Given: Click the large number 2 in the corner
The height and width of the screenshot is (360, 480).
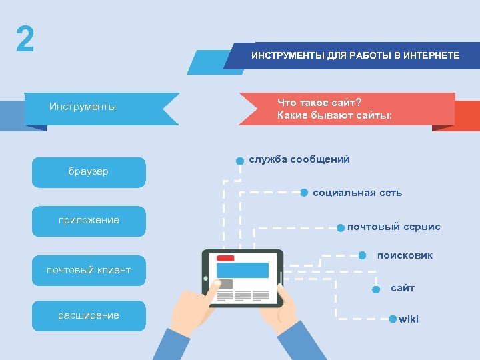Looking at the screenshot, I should click(x=25, y=40).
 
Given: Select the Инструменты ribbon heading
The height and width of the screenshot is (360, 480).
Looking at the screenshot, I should click(x=83, y=107).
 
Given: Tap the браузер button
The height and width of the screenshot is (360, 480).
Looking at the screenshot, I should click(x=88, y=172).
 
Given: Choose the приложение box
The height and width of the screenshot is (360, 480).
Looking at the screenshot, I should click(x=88, y=221).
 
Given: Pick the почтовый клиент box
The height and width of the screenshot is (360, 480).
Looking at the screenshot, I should click(x=88, y=270).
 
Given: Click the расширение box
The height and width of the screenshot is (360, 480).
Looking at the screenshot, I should click(x=88, y=315).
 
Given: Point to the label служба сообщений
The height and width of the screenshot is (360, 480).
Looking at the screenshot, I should click(x=299, y=159).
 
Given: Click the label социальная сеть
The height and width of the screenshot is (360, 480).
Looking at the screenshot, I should click(x=357, y=193).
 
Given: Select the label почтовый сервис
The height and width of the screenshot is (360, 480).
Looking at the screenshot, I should click(x=393, y=227).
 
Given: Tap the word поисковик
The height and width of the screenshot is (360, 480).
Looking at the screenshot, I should click(x=405, y=255).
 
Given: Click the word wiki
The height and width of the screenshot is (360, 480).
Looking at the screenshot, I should click(x=409, y=319).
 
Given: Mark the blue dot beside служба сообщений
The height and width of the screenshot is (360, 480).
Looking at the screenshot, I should click(x=239, y=161).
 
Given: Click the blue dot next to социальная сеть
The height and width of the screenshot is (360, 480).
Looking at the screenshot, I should click(x=304, y=193).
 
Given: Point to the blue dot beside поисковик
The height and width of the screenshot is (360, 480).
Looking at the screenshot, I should click(x=362, y=255).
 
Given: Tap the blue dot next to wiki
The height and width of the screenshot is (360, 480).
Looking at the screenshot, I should click(x=393, y=319).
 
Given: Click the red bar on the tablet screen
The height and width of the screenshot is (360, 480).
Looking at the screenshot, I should click(x=225, y=258).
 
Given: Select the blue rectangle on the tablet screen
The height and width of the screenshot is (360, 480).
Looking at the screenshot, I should click(x=242, y=270).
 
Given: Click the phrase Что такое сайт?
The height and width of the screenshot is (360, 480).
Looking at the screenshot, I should click(x=319, y=103).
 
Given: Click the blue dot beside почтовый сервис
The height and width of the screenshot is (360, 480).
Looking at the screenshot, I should click(x=341, y=227).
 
